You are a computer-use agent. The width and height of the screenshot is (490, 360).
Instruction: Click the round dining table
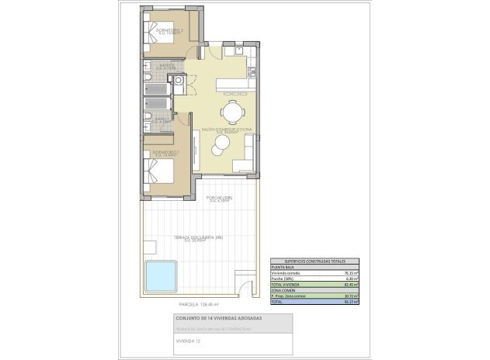[230, 109]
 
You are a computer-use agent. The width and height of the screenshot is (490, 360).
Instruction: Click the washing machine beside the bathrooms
[179, 80]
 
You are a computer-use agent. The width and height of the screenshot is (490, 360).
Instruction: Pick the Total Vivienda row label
[285, 285]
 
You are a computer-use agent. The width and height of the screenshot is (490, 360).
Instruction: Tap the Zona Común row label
[283, 290]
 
